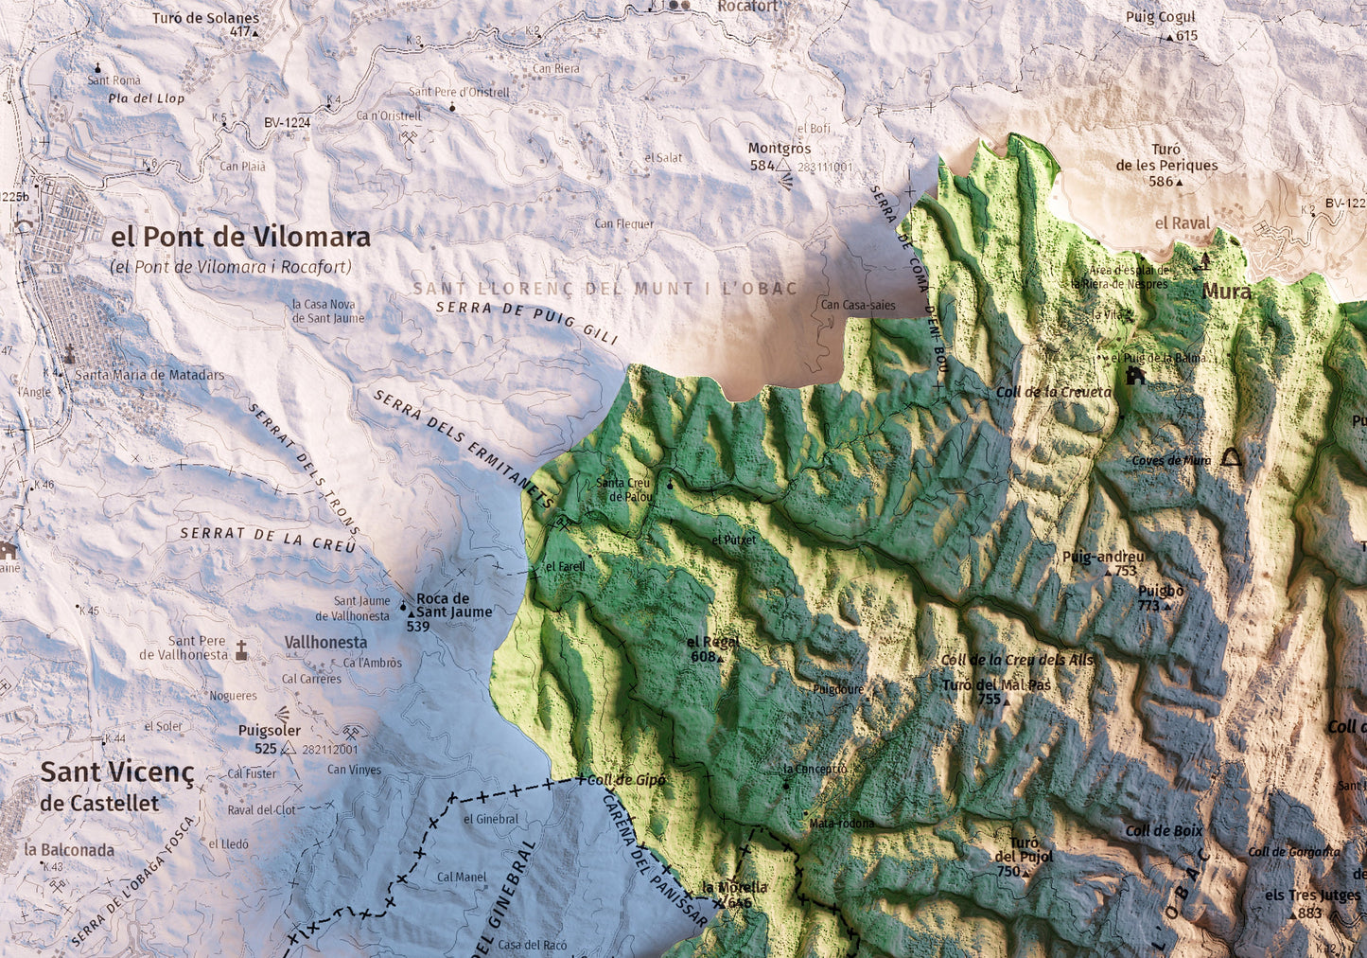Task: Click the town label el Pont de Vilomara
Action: coord(240,237)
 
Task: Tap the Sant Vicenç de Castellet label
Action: coord(116,785)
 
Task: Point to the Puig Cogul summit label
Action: coord(1160,17)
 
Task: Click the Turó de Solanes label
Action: coord(205,18)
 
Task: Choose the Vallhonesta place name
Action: coord(325,642)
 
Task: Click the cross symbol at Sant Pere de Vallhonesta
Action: coord(241,649)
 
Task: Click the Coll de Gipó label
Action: coord(626,780)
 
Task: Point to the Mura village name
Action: coord(1226,292)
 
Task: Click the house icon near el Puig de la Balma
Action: coord(1135,376)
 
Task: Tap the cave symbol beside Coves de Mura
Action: coord(1231,458)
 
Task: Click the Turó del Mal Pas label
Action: coord(996,685)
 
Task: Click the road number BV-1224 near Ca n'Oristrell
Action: coord(287,122)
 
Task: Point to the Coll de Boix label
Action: coord(1164,831)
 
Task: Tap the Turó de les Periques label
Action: coord(1166,158)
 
